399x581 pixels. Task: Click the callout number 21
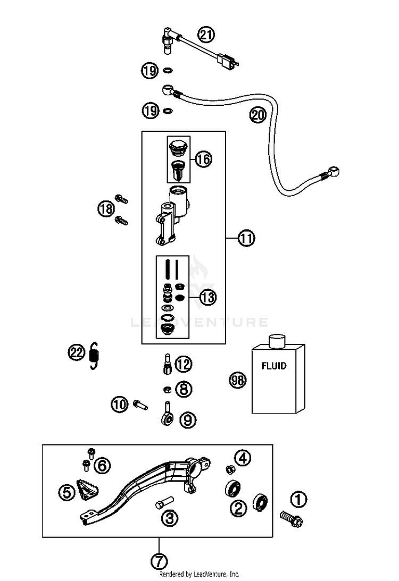(206, 35)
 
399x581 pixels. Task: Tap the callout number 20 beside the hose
(257, 114)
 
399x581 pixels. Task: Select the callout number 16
(203, 159)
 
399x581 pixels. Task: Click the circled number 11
(247, 238)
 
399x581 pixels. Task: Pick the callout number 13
(208, 297)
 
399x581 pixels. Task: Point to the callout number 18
(106, 208)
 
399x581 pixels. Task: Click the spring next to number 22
(95, 356)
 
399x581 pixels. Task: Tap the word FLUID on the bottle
(274, 366)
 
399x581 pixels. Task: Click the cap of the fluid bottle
(277, 341)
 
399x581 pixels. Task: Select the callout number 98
(238, 381)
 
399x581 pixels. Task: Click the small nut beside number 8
(167, 390)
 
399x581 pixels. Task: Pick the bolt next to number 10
(140, 404)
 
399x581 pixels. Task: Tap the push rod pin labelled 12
(167, 365)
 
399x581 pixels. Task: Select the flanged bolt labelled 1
(292, 518)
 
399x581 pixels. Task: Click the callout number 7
(159, 561)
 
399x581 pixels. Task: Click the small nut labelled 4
(230, 469)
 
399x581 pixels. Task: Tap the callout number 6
(102, 465)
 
